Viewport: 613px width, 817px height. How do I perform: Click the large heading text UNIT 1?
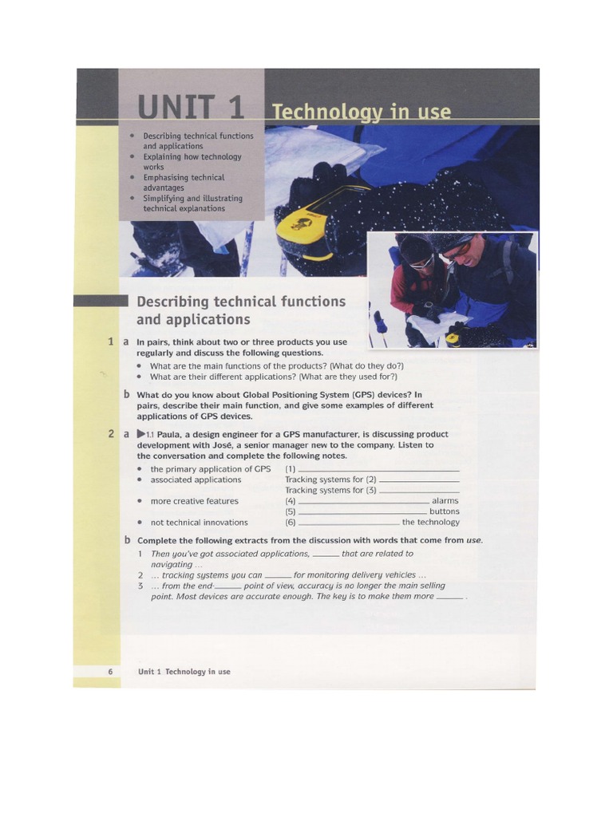point(190,109)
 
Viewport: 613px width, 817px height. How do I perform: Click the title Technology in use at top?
point(361,112)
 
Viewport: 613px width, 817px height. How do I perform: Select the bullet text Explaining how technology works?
point(192,162)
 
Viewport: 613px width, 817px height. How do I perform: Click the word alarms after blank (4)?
point(445,501)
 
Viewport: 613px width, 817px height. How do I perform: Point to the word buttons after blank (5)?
point(444,511)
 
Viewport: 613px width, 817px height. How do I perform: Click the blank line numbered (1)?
point(378,469)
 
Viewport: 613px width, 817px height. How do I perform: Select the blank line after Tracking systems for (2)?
point(419,480)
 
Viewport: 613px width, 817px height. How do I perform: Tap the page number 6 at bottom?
point(110,672)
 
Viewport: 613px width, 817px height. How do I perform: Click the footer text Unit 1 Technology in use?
point(184,672)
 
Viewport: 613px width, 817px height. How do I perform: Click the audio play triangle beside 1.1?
point(142,434)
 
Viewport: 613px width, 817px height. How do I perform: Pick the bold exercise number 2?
point(111,434)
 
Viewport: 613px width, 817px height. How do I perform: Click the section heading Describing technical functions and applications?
point(241,310)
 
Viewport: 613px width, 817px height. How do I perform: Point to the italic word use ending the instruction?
point(474,540)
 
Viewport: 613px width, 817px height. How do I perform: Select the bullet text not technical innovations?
point(199,523)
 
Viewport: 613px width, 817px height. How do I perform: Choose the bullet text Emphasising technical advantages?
point(184,183)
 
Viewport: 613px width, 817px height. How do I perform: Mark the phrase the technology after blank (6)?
point(430,523)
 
